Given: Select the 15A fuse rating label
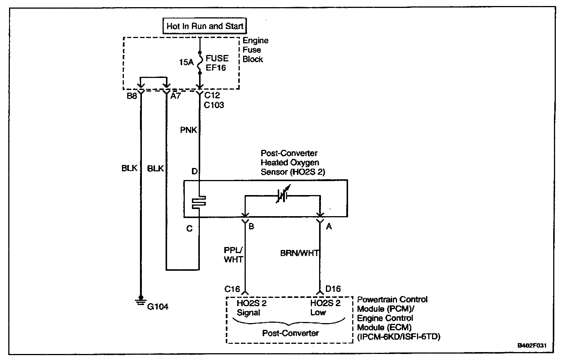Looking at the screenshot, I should click(x=186, y=62).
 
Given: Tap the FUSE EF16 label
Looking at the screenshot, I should click(x=217, y=63).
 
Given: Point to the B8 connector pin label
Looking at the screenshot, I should click(x=131, y=96).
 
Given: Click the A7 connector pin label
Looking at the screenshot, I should click(x=176, y=96).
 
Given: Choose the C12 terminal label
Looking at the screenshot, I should click(x=212, y=95).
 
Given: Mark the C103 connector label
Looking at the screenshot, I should click(x=214, y=105).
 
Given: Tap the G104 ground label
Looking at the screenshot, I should click(x=158, y=307).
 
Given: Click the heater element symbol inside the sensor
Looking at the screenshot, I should click(x=199, y=202).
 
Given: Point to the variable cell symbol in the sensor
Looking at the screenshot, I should click(x=283, y=195).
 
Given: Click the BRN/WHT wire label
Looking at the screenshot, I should click(x=299, y=253).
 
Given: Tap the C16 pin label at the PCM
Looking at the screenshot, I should click(x=232, y=289).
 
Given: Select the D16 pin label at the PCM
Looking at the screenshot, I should click(x=333, y=289).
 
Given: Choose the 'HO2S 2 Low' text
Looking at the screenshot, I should click(x=325, y=308).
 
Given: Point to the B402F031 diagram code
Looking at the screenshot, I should click(x=532, y=345).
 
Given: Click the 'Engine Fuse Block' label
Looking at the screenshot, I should click(x=256, y=50).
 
